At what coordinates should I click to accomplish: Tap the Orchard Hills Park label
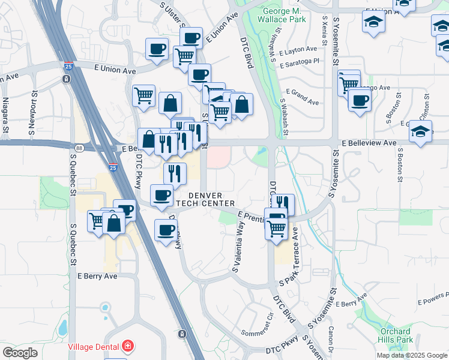pyautogui.click(x=396, y=335)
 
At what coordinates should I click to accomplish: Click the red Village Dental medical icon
pyautogui.click(x=127, y=346)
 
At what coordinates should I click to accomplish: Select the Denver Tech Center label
pyautogui.click(x=206, y=200)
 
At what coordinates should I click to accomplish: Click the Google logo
pyautogui.click(x=20, y=352)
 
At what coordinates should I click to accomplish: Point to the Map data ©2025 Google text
pyautogui.click(x=412, y=355)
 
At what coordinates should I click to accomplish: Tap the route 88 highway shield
pyautogui.click(x=79, y=148)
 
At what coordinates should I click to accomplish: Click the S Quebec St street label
pyautogui.click(x=73, y=245)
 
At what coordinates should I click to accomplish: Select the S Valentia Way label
pyautogui.click(x=238, y=247)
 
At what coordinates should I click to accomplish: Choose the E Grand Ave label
pyautogui.click(x=303, y=97)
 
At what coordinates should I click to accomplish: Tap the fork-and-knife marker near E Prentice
pyautogui.click(x=283, y=204)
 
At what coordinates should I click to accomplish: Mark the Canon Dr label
pyautogui.click(x=331, y=339)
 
